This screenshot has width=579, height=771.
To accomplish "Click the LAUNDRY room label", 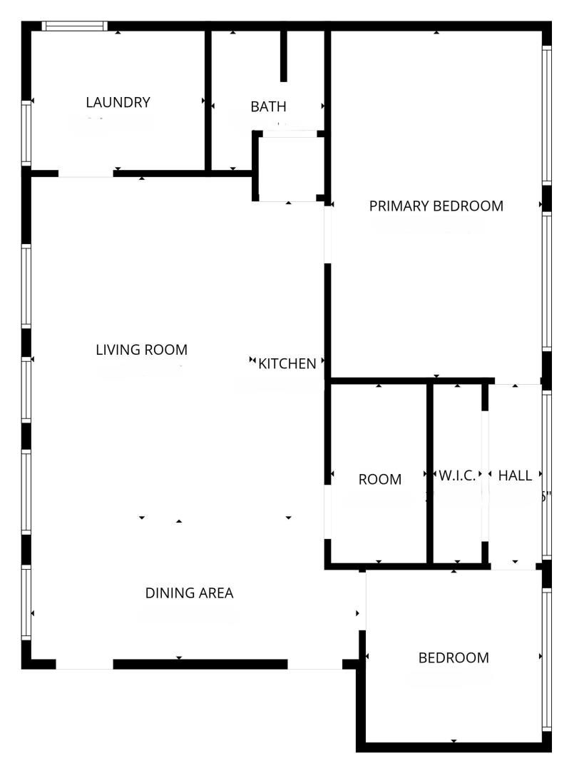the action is pyautogui.click(x=118, y=102).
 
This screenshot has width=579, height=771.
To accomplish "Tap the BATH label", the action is pyautogui.click(x=268, y=106).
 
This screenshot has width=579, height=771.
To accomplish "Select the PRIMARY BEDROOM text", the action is pyautogui.click(x=436, y=206).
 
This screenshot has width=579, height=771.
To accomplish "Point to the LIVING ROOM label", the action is pyautogui.click(x=141, y=350).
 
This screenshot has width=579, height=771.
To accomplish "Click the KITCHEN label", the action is pyautogui.click(x=287, y=364).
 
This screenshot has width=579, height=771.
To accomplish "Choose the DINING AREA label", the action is pyautogui.click(x=189, y=593).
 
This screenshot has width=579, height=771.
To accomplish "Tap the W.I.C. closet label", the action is pyautogui.click(x=457, y=475).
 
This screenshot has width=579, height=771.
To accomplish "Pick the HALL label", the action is pyautogui.click(x=515, y=475).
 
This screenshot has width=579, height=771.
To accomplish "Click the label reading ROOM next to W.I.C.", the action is pyautogui.click(x=379, y=480).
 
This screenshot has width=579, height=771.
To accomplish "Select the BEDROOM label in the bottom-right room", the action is pyautogui.click(x=454, y=658).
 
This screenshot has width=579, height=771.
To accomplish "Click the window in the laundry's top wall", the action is pyautogui.click(x=74, y=26).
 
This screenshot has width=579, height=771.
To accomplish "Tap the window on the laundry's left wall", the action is pyautogui.click(x=26, y=133).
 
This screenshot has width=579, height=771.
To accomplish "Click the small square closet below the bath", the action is pyautogui.click(x=289, y=167).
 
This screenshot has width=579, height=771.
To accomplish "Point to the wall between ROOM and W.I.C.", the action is pyautogui.click(x=430, y=473).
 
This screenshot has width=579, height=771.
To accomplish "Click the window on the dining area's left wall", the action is pyautogui.click(x=26, y=603).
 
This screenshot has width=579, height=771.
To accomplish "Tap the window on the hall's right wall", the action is pyautogui.click(x=547, y=475).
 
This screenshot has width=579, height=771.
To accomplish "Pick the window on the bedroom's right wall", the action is pyautogui.click(x=547, y=660).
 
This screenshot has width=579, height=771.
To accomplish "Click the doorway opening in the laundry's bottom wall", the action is pyautogui.click(x=86, y=173).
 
